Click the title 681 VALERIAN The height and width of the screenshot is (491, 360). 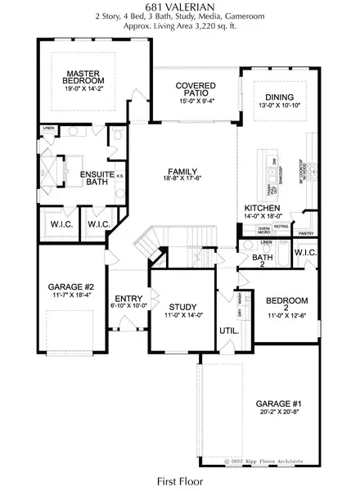179,7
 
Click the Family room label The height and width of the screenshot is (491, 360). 184,171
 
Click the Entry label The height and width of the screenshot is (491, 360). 129,299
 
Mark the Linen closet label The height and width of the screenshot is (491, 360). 48,128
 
